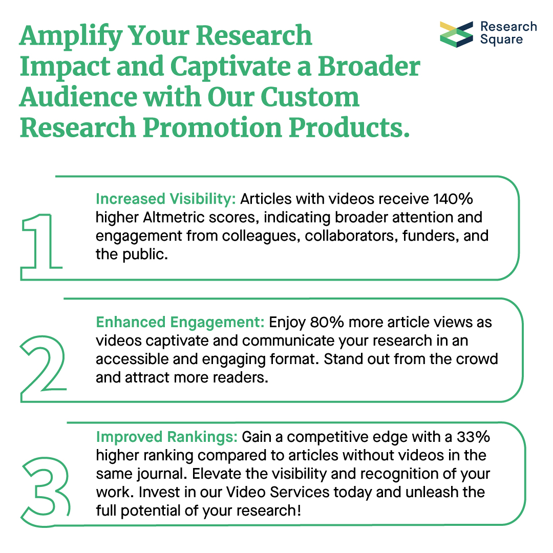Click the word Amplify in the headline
coord(70,36)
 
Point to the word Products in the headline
coord(351,127)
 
